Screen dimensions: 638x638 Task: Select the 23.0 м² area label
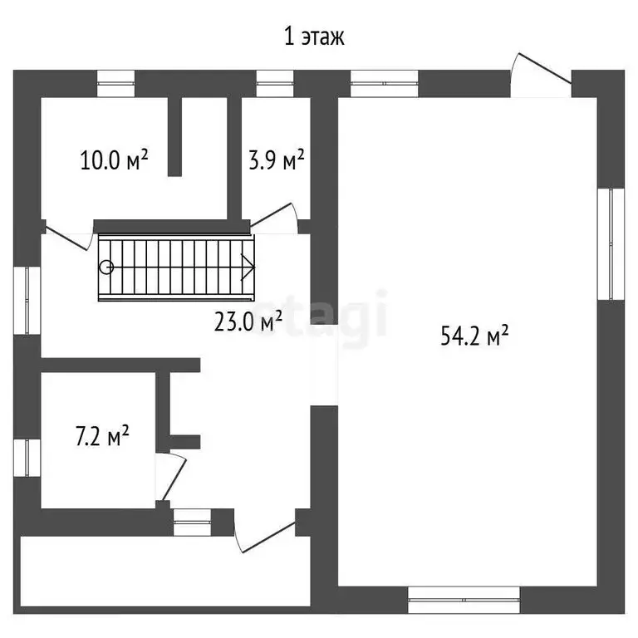(248, 320)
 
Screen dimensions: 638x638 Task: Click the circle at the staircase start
(106, 267)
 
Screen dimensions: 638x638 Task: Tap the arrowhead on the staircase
(248, 267)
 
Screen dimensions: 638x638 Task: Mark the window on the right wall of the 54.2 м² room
(615, 243)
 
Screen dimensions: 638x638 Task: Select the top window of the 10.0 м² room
(115, 80)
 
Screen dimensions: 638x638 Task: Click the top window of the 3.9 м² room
(269, 80)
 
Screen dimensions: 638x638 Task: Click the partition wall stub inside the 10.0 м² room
(174, 136)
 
